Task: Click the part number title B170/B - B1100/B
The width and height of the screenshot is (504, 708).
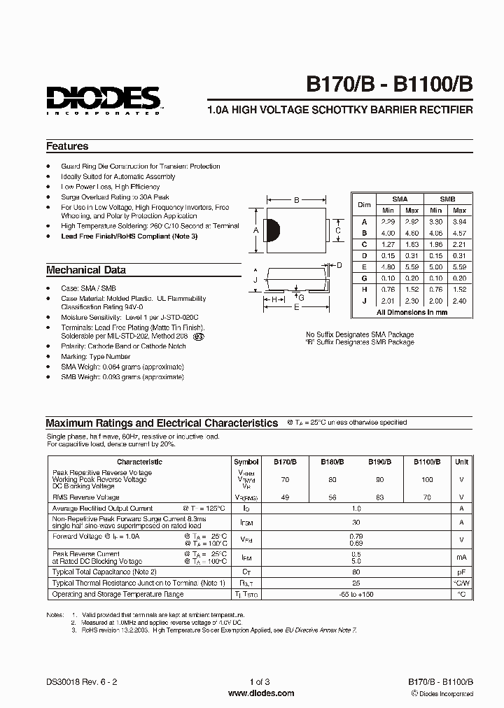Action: click(389, 85)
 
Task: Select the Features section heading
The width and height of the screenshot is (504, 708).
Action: click(67, 147)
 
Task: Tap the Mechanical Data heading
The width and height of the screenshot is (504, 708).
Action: click(86, 270)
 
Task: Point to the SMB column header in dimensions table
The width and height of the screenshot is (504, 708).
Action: click(447, 199)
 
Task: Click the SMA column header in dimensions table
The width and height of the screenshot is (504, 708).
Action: click(400, 199)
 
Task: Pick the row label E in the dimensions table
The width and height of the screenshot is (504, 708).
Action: click(364, 267)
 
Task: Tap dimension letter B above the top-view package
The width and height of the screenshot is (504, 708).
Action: click(296, 200)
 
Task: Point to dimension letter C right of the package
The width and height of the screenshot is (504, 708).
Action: click(338, 231)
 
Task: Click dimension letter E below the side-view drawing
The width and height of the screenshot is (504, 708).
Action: click(296, 306)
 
